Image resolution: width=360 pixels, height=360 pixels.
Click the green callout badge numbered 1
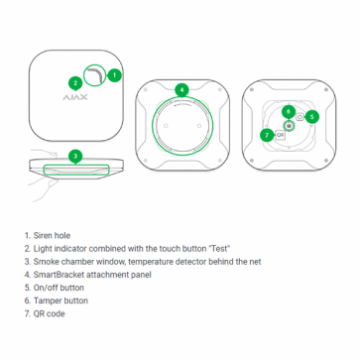tap(114, 75)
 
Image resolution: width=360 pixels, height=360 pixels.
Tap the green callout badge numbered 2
tap(76, 83)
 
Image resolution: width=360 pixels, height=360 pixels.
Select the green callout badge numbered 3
tap(76, 156)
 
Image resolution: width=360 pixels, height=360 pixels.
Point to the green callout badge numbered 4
tap(182, 90)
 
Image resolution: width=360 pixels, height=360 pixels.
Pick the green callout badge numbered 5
tap(312, 117)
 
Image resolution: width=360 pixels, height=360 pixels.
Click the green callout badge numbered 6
tap(289, 112)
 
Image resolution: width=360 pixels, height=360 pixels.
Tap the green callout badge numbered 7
tap(267, 135)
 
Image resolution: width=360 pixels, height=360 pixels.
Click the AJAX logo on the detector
tap(75, 97)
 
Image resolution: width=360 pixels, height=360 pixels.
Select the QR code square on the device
tap(280, 135)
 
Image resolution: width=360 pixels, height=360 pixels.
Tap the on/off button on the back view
tap(300, 117)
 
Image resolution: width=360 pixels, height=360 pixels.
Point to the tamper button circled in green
tap(289, 125)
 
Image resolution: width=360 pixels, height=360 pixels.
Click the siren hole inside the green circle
tap(95, 75)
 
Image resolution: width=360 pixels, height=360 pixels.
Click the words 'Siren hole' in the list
tap(52, 236)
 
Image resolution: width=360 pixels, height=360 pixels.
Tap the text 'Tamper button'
tap(61, 301)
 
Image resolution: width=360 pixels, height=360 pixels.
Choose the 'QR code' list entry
tap(49, 314)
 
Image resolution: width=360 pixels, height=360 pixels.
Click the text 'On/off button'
tap(59, 288)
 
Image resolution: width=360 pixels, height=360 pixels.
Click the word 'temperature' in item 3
tap(150, 262)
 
